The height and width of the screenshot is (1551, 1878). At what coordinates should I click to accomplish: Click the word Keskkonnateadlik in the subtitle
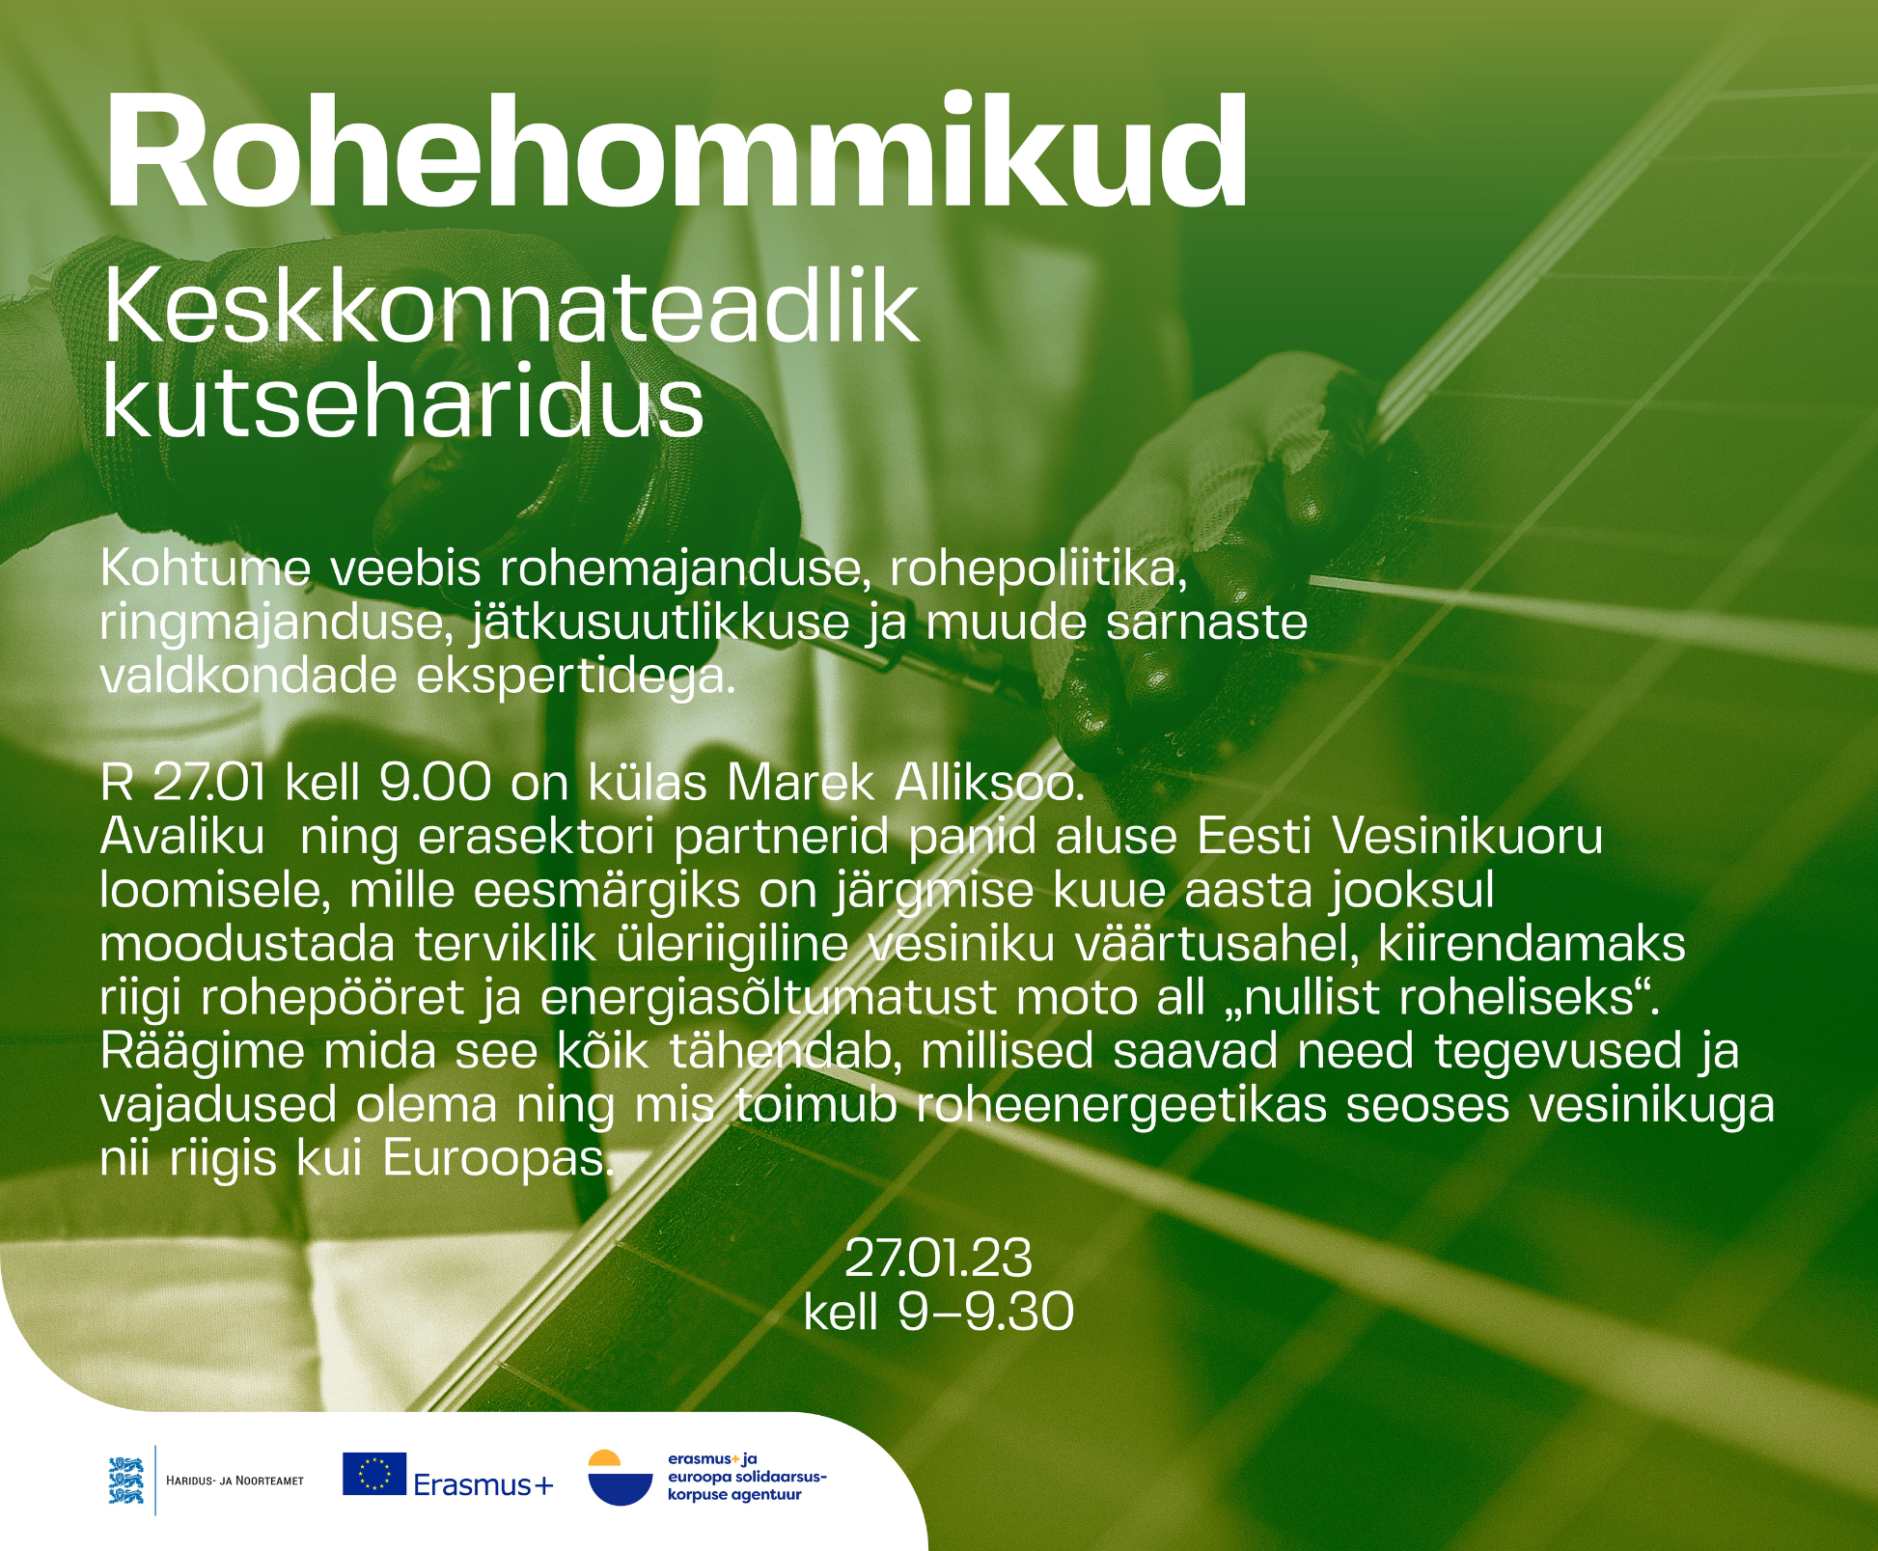511,307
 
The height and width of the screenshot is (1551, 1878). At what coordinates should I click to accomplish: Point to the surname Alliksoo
990,783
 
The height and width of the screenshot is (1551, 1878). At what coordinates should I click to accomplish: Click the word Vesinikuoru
1468,837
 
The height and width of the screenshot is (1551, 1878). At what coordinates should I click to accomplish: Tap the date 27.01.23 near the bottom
938,1258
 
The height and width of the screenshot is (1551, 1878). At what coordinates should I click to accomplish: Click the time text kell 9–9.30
938,1312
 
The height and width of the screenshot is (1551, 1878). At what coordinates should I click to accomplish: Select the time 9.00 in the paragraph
435,783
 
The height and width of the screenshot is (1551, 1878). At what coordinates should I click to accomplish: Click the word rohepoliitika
1038,569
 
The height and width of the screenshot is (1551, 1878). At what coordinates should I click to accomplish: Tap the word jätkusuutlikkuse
661,623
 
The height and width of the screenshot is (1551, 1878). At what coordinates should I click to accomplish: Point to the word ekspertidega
576,678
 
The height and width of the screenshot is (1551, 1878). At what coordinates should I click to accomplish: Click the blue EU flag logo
374,1474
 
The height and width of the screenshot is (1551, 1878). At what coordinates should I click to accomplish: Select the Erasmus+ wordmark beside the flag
483,1484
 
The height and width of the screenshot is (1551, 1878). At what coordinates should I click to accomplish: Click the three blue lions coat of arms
126,1480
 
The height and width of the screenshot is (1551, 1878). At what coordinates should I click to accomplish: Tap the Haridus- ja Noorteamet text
235,1481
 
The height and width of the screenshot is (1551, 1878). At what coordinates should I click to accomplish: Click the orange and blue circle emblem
620,1478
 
